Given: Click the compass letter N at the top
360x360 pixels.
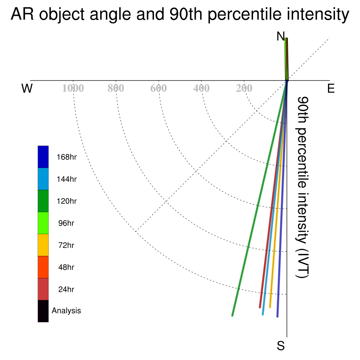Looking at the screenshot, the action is pos(281,36).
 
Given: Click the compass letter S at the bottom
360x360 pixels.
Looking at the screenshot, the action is pos(281,346).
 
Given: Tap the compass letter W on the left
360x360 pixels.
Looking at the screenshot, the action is pos(27,88).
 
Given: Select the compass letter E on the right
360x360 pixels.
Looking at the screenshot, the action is pos(331,88).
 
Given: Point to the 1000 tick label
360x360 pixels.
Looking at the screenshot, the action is pos(73,88).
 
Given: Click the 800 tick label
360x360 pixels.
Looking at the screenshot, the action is pos(116,88).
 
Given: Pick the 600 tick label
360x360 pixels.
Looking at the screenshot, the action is pos(159,88).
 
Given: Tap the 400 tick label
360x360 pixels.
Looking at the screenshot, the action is pos(201,88).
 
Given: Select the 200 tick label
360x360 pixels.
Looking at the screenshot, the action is pos(244,88).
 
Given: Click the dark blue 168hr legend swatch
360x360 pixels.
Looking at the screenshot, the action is pos(43,157).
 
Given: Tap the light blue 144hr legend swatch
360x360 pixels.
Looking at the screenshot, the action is pos(43,179).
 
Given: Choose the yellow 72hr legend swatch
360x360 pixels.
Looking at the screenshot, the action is pos(43,245).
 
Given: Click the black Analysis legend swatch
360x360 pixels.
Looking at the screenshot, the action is pos(43,311).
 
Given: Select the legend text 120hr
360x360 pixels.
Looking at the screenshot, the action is pos(66,201).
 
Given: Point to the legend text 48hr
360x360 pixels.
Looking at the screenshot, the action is pos(66,267).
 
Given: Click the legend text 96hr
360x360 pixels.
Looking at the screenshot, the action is pos(66,223).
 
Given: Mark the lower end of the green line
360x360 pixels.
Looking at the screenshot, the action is pos(232,316).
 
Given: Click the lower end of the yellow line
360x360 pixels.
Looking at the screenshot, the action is pos(270,307).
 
